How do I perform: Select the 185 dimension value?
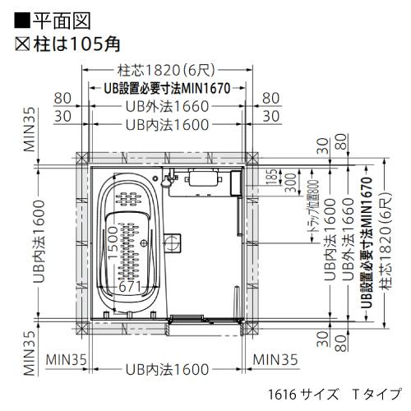pyautogui.click(x=271, y=175)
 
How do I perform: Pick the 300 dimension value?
pyautogui.click(x=289, y=182)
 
